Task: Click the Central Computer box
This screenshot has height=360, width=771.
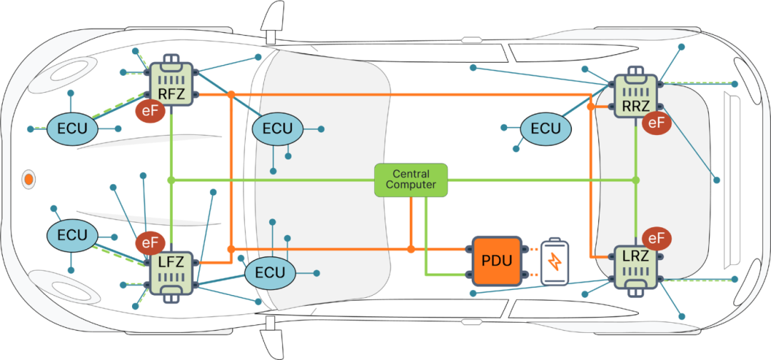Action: (411, 180)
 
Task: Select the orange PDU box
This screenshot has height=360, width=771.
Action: (497, 260)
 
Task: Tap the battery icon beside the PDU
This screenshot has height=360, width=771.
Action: (555, 261)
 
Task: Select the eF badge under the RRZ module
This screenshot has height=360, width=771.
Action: (656, 123)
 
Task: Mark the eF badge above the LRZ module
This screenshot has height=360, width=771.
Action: (656, 239)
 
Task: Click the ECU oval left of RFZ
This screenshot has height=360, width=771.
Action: (71, 129)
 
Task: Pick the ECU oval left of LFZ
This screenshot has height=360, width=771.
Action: (71, 235)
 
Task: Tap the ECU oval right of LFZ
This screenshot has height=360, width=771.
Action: (270, 272)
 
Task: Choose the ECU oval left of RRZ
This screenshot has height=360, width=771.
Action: (545, 129)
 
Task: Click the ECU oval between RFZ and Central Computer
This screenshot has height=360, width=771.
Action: (278, 129)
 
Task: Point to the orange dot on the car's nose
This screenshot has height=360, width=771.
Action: (29, 179)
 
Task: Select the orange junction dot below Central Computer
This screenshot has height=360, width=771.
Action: (410, 249)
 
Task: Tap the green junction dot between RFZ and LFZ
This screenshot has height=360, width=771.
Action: (171, 180)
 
